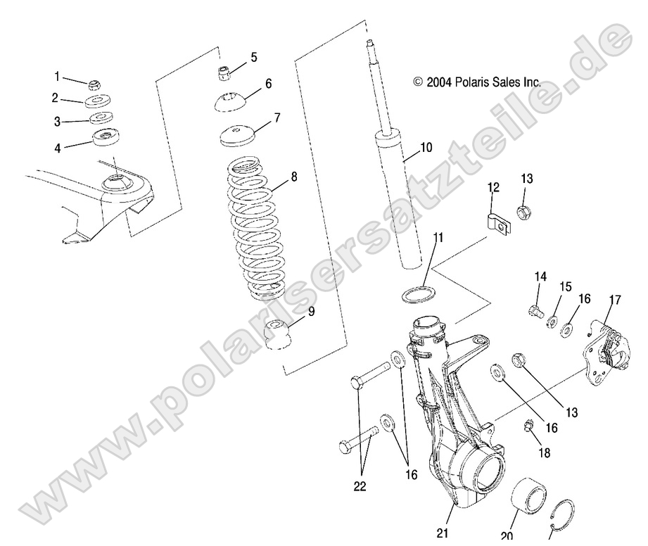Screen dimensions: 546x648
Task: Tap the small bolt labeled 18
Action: coord(528,426)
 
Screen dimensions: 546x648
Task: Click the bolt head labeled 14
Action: coord(536,310)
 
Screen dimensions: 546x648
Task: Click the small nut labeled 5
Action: coord(224,71)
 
